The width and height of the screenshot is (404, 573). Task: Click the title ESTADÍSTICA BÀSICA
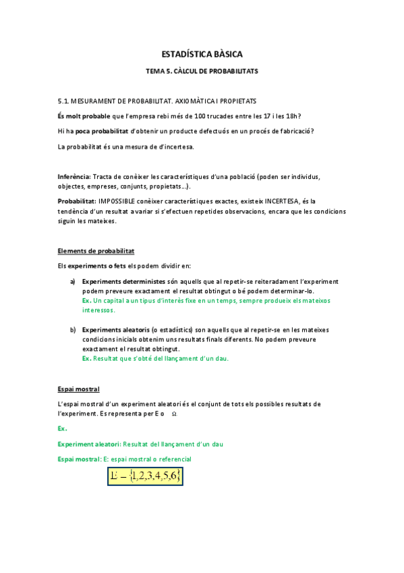[x=202, y=53]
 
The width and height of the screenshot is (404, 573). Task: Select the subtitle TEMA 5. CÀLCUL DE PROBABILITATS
[x=202, y=70]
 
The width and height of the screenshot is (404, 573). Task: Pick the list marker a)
[x=73, y=281]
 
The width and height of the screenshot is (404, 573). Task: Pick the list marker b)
[x=73, y=330]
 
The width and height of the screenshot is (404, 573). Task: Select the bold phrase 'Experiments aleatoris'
[x=115, y=330]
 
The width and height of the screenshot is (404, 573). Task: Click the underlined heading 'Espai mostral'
[x=79, y=389]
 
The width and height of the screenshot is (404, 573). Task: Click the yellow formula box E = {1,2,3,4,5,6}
[x=144, y=476]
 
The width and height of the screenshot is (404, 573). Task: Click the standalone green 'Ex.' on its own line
[x=62, y=428]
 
